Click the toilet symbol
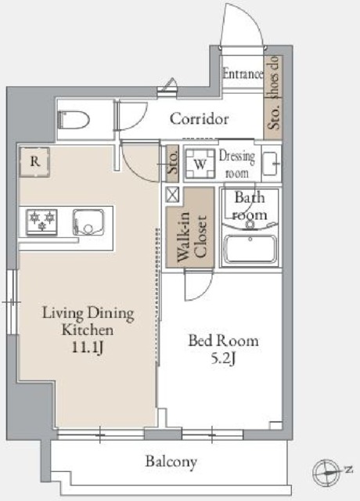point(74,120)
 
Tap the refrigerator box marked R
point(34,162)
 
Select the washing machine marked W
point(200,164)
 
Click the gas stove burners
point(41,222)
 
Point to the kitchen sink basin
point(88,222)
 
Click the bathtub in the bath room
point(250,248)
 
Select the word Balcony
point(171,462)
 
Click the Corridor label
point(200,119)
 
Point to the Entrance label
point(243,74)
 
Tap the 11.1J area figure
point(87,348)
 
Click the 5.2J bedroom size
point(223,359)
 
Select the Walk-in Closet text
point(192,236)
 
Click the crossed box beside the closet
point(172,195)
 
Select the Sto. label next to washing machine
point(173,164)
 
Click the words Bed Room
point(223,341)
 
